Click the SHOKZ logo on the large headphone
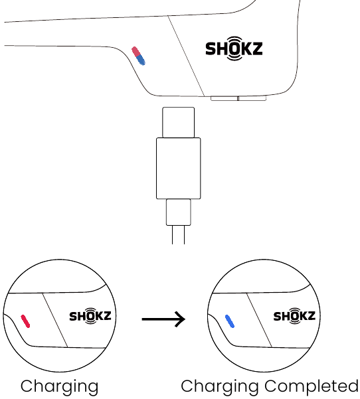click(234, 48)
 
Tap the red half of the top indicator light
click(135, 52)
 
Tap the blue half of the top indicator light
click(141, 60)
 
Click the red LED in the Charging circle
click(25, 321)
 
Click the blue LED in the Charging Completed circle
click(230, 321)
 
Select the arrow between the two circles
click(163, 319)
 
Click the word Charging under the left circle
click(59, 387)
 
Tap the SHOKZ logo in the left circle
click(90, 316)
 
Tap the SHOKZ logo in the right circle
click(294, 316)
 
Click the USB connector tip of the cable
click(178, 122)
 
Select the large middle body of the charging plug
click(178, 168)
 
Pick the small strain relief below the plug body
click(179, 212)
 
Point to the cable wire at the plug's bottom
click(178, 235)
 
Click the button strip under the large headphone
click(238, 98)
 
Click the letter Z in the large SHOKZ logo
click(256, 48)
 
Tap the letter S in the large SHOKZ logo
click(211, 48)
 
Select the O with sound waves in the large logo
click(234, 48)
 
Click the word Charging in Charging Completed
click(220, 387)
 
